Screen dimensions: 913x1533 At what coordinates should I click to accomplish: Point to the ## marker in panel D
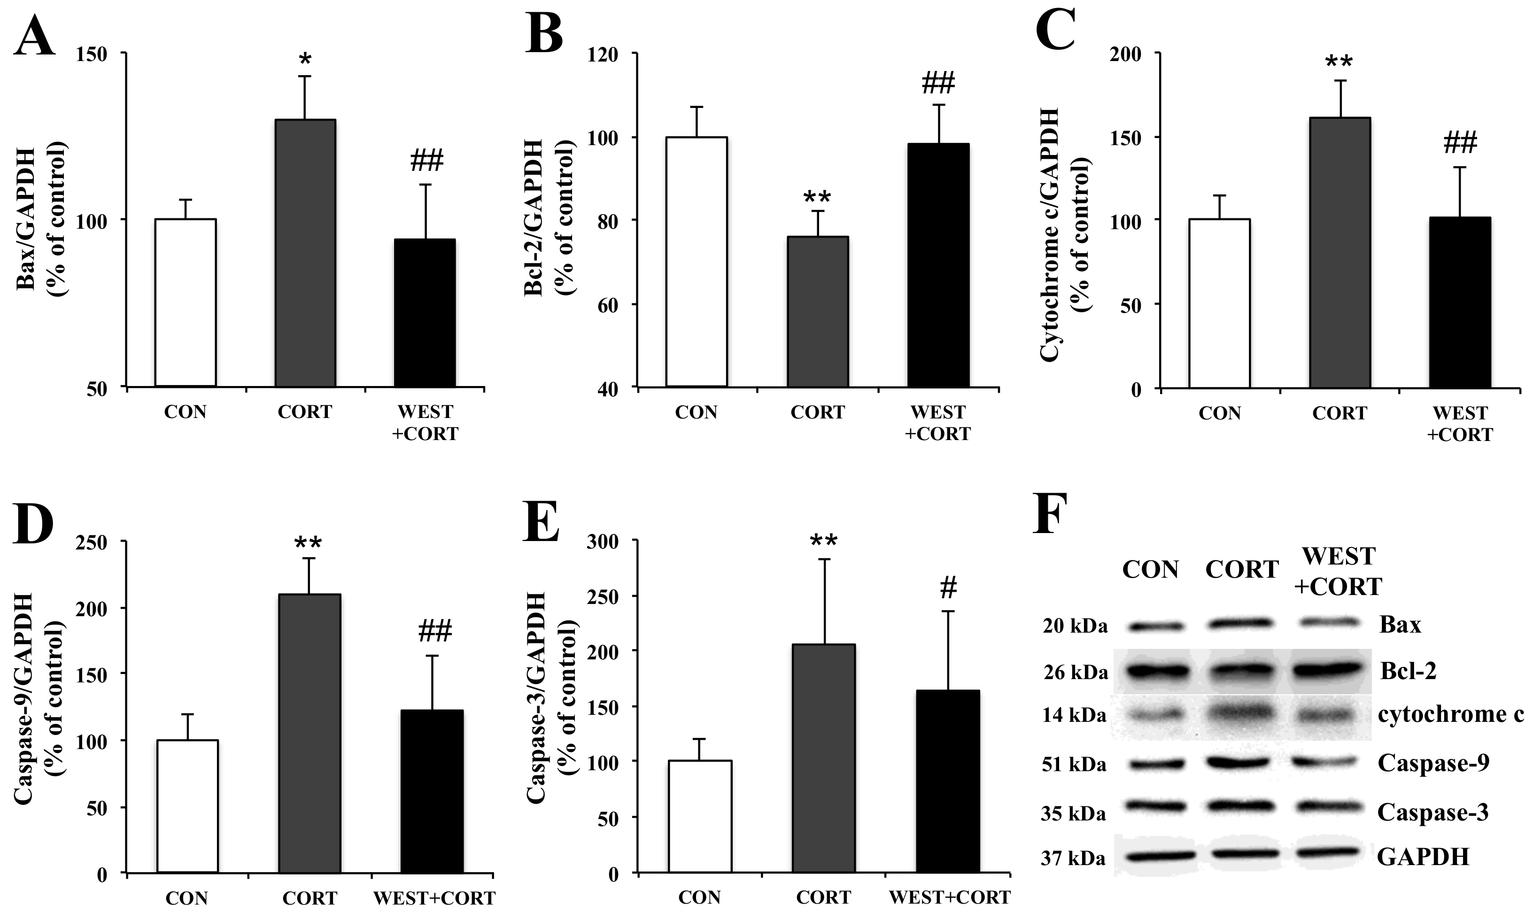coord(435,631)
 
